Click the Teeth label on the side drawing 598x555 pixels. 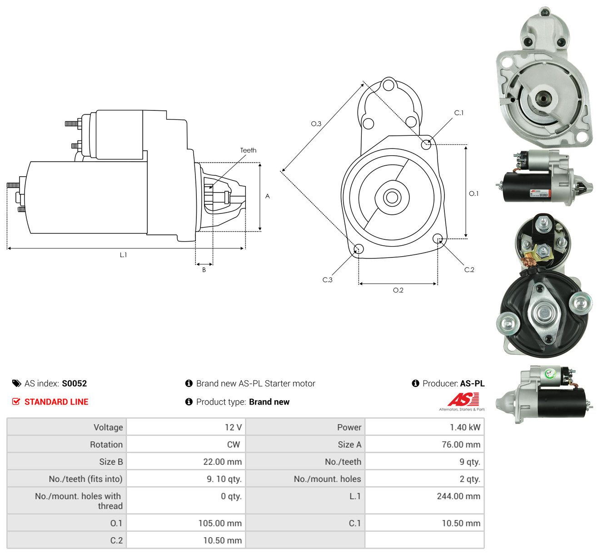(x=248, y=150)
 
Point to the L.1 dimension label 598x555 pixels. (x=123, y=255)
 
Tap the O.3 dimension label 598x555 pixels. (x=316, y=124)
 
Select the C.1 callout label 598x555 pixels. (x=458, y=113)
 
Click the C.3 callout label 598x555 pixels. (x=327, y=280)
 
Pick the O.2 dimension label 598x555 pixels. (x=398, y=290)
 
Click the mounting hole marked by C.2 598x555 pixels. (x=438, y=239)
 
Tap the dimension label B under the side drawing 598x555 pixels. (x=204, y=270)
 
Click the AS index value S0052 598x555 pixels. (x=75, y=383)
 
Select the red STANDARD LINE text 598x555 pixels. (x=56, y=402)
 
